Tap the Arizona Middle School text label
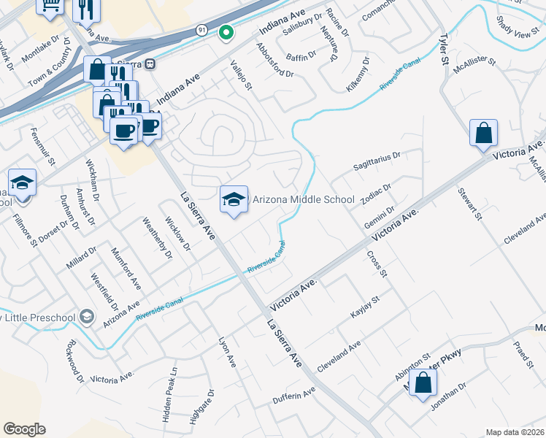tap(303, 199)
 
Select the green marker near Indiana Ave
tap(226, 32)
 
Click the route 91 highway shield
tap(201, 29)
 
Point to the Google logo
tap(24, 429)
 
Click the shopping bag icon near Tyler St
tap(483, 134)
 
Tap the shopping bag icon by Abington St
tap(423, 383)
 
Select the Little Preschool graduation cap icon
tap(87, 316)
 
